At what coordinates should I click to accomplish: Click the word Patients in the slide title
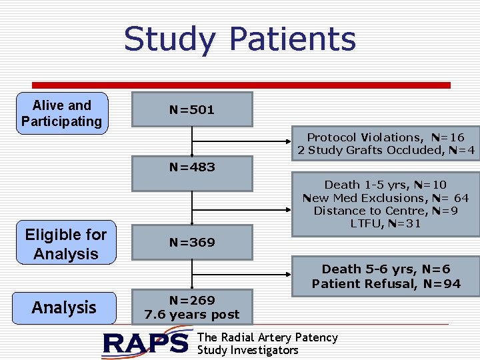coord(293,39)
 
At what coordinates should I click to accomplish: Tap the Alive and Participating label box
coord(62,113)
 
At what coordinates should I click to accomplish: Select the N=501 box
coord(192,110)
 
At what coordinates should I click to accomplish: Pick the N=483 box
coord(192,167)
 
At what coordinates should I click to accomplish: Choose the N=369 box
coord(192,242)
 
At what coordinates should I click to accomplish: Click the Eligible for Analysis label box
coord(66,244)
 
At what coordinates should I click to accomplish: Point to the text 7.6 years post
coord(192,314)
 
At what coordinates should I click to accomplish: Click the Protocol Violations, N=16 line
coord(385,137)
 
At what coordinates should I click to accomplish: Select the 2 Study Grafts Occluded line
coord(386,151)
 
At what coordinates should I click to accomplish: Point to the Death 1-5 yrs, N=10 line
coord(385,185)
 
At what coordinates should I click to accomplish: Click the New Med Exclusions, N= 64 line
coord(385,198)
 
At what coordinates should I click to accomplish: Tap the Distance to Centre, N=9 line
coord(385,211)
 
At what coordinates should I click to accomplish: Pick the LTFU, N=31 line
coord(385,224)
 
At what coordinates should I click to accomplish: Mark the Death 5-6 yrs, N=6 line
coord(386,269)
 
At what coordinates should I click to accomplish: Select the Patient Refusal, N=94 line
coord(386,284)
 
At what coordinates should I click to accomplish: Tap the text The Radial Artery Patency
coord(267,337)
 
